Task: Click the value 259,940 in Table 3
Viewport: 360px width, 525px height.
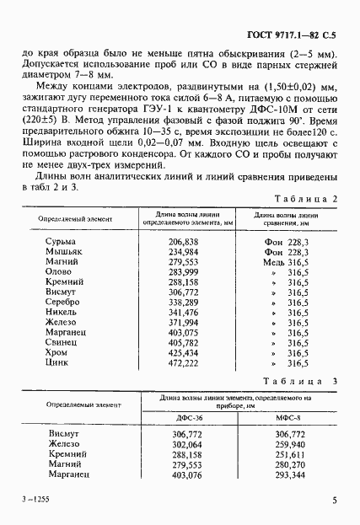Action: tap(289, 445)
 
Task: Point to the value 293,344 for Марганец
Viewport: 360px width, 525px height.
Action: tap(289, 475)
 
